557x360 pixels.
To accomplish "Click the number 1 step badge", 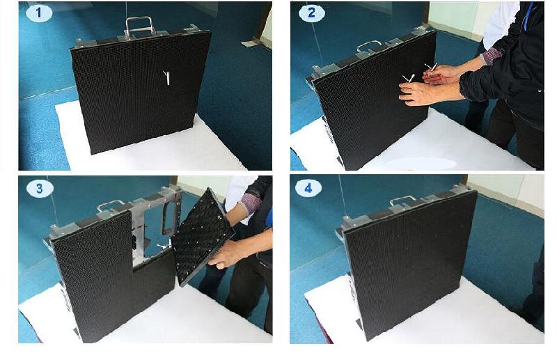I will [x=39, y=13].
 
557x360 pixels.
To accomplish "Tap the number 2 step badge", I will [x=311, y=13].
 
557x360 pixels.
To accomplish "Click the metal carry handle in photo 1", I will [x=140, y=25].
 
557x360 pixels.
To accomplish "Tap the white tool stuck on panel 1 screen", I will [x=166, y=77].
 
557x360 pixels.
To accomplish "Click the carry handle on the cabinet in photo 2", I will [x=368, y=46].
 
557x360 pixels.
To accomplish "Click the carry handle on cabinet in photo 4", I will [x=402, y=201].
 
